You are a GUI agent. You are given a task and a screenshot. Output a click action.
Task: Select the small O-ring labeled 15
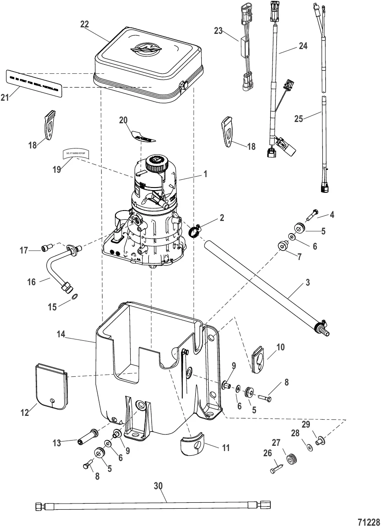pos(74,296)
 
